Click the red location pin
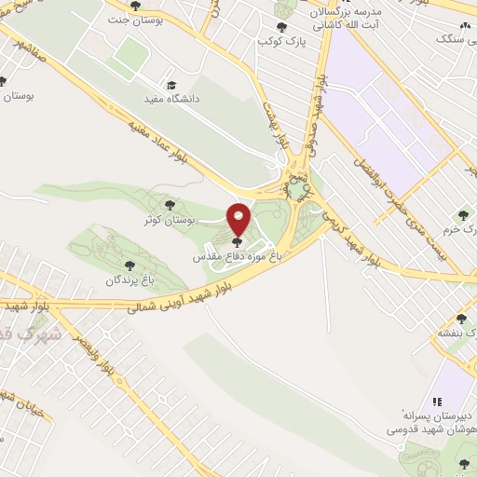tap(239, 220)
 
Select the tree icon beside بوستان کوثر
tap(169, 204)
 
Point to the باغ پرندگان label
tap(128, 279)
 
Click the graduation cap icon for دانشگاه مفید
tap(170, 82)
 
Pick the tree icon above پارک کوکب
tap(281, 27)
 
